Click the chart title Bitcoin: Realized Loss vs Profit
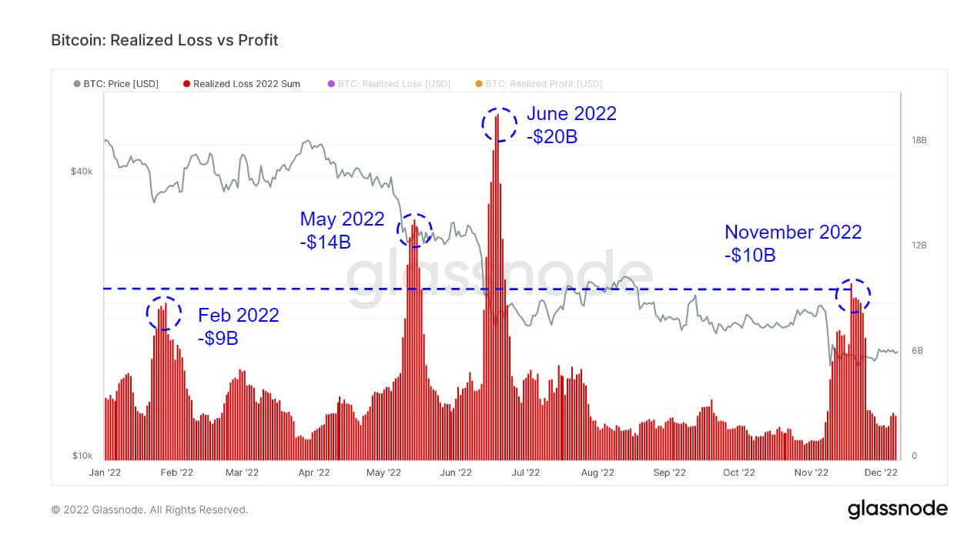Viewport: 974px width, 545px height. point(164,40)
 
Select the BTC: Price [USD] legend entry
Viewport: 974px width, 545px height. point(116,83)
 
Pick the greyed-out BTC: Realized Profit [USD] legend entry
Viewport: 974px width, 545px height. point(538,83)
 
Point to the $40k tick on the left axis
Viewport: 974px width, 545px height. point(82,172)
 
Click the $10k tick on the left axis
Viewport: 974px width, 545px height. point(82,456)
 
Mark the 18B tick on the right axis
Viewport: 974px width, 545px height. point(919,140)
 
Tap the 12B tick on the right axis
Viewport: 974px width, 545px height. point(919,246)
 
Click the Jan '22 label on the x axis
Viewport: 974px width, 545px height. point(105,473)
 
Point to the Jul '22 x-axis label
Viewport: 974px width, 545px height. point(528,473)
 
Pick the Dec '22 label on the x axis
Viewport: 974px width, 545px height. point(882,473)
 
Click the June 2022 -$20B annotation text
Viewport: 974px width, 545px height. point(571,125)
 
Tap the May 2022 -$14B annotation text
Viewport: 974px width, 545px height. point(342,230)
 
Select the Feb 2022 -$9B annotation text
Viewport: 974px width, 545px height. point(239,326)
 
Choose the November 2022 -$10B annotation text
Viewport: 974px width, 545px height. point(793,243)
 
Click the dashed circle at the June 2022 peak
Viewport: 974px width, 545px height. point(499,124)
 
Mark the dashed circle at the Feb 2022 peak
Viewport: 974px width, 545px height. point(163,313)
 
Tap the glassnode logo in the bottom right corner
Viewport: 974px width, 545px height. point(897,509)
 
